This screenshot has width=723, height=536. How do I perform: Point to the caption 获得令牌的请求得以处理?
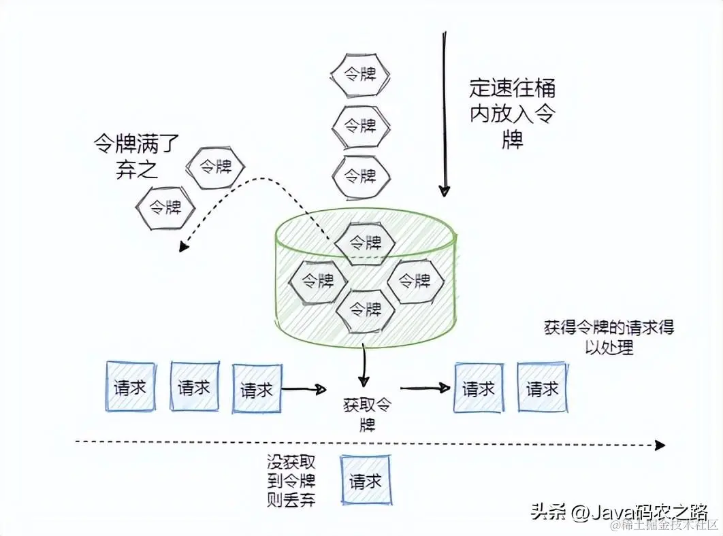(609, 337)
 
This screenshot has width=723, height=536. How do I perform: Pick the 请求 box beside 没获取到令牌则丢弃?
(366, 482)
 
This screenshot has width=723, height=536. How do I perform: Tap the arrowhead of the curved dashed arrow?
(182, 248)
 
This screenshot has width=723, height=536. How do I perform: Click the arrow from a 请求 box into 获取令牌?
(304, 389)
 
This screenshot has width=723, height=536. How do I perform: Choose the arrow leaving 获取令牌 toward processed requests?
(425, 388)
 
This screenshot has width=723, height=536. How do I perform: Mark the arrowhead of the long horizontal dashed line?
(659, 445)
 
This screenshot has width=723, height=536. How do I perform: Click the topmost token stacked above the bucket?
(360, 75)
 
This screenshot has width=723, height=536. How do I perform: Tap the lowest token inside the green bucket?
(365, 309)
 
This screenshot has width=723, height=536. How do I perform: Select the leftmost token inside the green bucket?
(317, 280)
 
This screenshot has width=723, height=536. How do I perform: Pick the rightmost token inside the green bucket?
(415, 280)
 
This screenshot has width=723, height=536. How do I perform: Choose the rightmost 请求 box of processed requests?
(543, 388)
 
